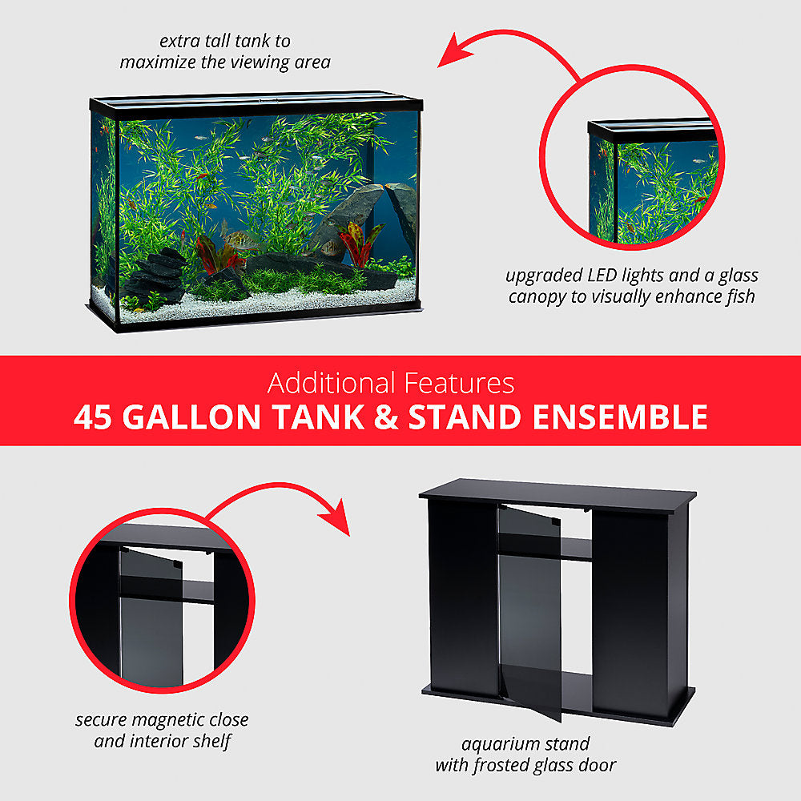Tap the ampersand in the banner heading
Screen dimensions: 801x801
(x=386, y=417)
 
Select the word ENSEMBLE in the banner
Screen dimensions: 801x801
(x=620, y=417)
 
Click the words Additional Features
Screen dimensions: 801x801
(x=391, y=383)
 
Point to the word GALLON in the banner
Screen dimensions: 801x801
(x=191, y=417)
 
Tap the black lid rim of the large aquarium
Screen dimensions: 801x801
(x=256, y=105)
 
